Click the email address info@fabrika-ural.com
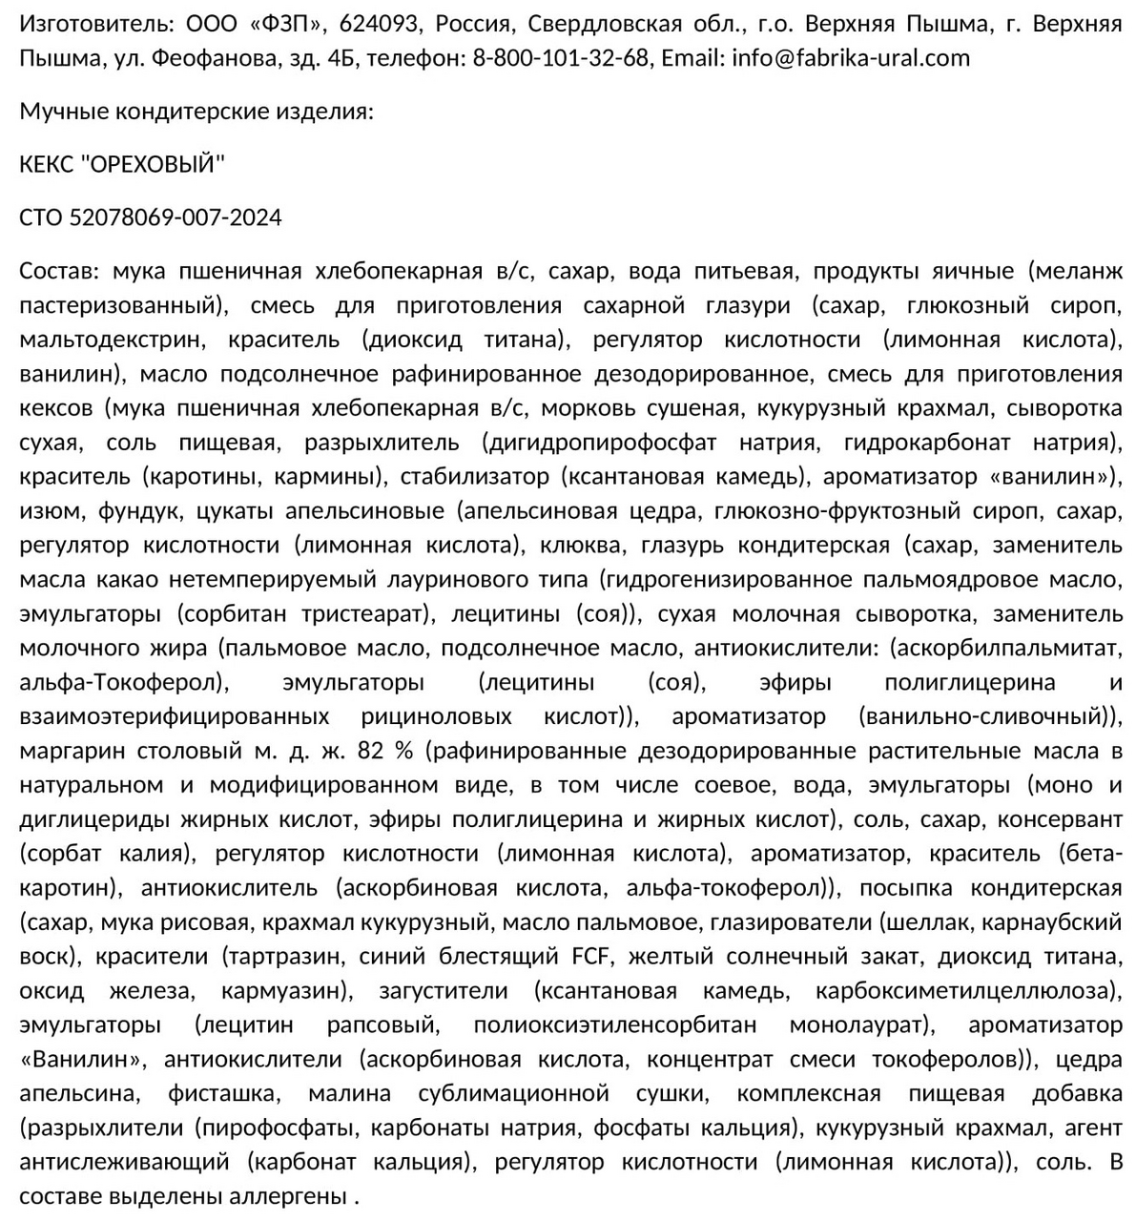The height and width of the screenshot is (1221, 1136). [851, 58]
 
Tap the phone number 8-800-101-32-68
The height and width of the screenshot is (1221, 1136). [560, 58]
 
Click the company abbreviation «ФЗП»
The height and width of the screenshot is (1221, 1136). [292, 24]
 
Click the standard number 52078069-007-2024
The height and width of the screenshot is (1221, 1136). [176, 218]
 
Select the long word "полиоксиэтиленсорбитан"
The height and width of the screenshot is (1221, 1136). [614, 1025]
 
